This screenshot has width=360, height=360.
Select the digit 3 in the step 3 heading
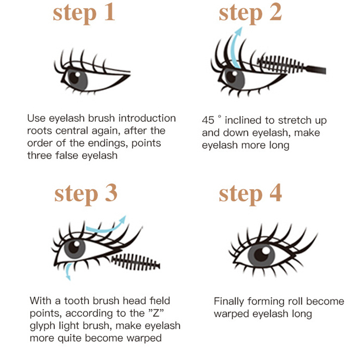111,193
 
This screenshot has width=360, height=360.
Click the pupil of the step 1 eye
74,78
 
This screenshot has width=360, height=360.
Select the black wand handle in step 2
316,69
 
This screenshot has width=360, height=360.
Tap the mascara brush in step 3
136,262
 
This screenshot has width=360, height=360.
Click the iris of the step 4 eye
261,255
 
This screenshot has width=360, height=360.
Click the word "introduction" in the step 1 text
147,118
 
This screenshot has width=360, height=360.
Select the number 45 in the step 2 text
208,120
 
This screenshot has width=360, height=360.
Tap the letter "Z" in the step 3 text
156,313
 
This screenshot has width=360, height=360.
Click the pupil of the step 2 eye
231,77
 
